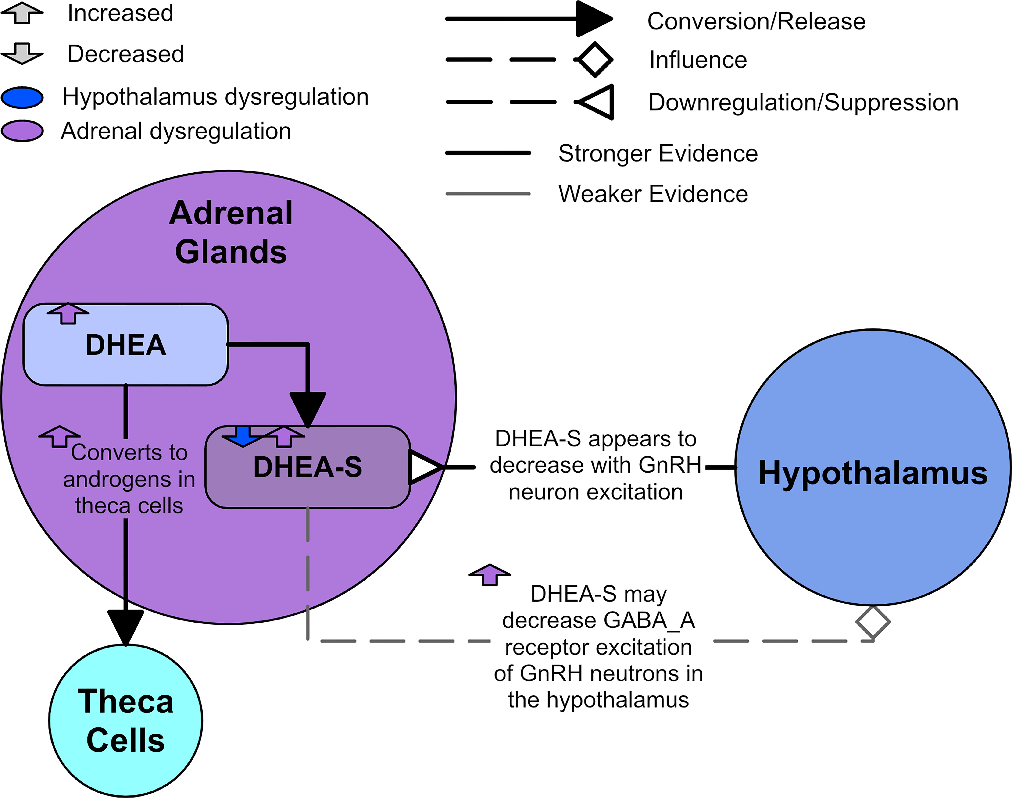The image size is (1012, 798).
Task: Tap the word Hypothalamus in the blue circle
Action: (873, 473)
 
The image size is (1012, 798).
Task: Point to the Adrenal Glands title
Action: (231, 232)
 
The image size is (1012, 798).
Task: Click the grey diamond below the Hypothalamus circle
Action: (873, 622)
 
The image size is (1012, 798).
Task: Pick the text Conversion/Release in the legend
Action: (756, 21)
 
